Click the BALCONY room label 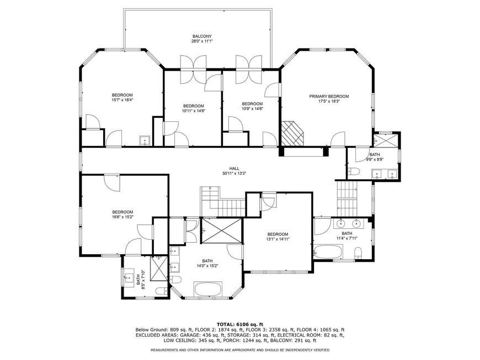tap(202, 36)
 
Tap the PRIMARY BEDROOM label tap(329, 96)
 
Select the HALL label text tap(234, 169)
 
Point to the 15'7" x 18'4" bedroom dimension tap(122, 99)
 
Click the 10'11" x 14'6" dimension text tap(194, 111)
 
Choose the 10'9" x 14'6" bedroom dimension tap(252, 108)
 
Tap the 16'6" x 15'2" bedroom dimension tap(122, 217)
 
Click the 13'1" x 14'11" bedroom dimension tap(278, 239)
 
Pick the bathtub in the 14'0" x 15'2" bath tap(208, 289)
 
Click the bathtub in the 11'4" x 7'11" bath tap(328, 252)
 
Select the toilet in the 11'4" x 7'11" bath tap(358, 253)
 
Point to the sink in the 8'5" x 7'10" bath tap(129, 278)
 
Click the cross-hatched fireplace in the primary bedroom tap(292, 133)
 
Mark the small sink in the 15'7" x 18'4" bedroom tap(145, 141)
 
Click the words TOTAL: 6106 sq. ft tap(240, 324)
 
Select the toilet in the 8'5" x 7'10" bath tap(161, 291)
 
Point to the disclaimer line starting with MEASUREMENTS tap(240, 350)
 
